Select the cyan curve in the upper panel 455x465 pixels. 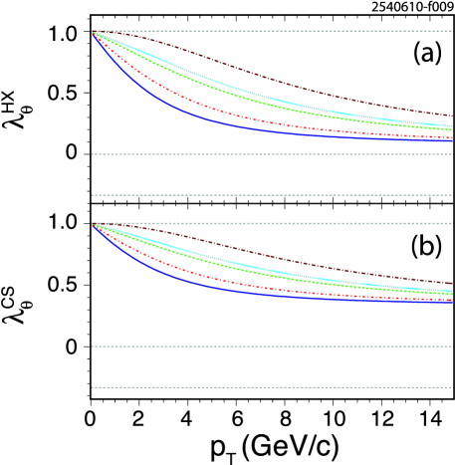(199, 77)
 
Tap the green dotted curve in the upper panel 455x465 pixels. (199, 84)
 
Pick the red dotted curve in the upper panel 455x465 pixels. (199, 106)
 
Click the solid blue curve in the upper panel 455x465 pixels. (199, 117)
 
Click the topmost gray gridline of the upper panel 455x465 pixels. (299, 31)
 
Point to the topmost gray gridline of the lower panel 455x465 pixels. (299, 223)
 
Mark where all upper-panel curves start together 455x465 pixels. (93, 32)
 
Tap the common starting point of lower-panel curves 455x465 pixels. (93, 224)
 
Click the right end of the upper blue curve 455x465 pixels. (452, 140)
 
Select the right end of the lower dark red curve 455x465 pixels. (452, 285)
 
